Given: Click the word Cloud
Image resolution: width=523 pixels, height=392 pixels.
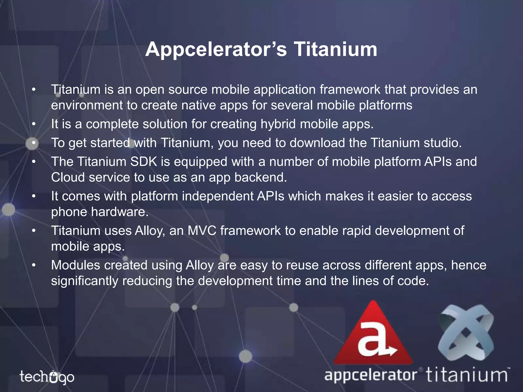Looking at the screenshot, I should point(68,177).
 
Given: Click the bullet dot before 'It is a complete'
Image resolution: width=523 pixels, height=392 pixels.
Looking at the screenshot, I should point(33,124).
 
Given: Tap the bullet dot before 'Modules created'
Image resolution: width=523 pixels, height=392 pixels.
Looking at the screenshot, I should point(33,265).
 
